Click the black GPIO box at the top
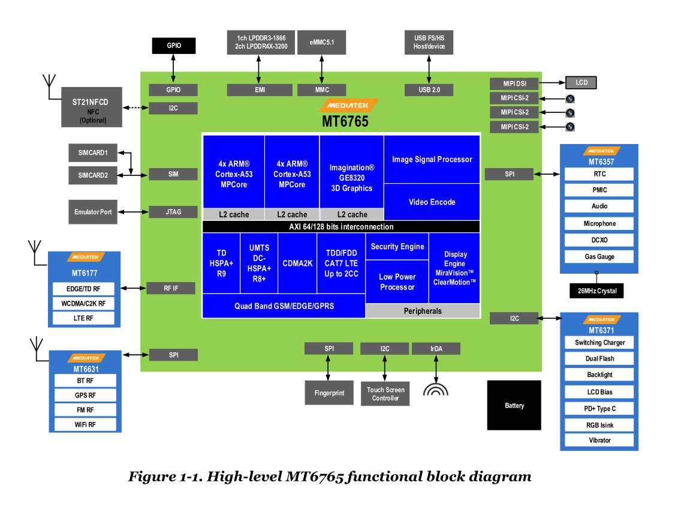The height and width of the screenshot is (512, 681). click(173, 45)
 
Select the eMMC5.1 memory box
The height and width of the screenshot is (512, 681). click(321, 42)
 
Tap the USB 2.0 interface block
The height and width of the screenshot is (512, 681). click(429, 90)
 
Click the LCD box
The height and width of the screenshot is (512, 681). click(581, 82)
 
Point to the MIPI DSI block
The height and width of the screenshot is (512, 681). click(514, 83)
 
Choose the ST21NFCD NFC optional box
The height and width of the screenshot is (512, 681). click(92, 107)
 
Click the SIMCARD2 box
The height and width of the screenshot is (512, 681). click(92, 175)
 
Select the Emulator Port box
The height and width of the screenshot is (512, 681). click(93, 212)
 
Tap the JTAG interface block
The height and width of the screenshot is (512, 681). click(173, 211)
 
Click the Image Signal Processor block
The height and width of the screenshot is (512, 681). click(432, 159)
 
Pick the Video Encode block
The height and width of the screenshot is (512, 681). click(432, 202)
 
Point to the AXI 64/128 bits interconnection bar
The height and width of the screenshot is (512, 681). click(340, 227)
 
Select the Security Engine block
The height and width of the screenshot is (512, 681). click(397, 247)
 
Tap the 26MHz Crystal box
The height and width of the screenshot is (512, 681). click(596, 291)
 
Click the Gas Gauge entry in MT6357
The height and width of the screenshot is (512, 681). click(599, 257)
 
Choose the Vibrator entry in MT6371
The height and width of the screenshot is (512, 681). click(599, 440)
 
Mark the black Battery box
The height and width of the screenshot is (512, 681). click(514, 406)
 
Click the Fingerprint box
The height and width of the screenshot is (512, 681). click(329, 393)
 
